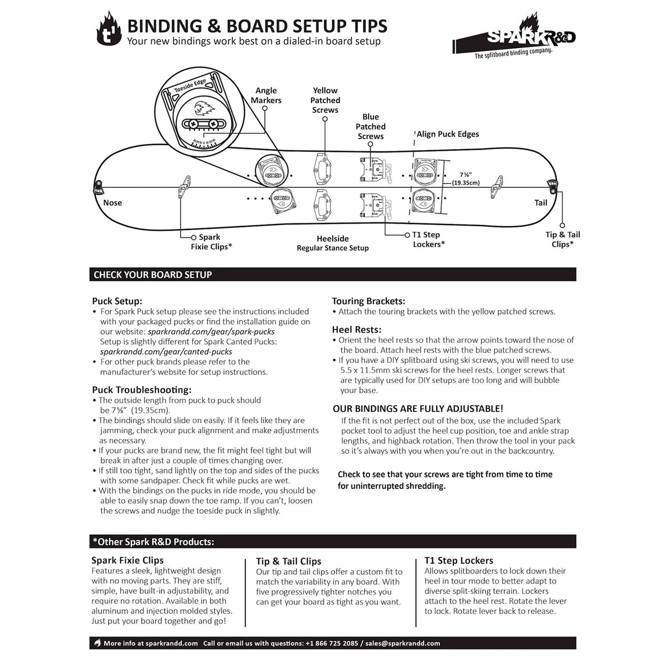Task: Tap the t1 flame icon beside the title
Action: click(x=109, y=32)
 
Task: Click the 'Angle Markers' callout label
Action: click(x=266, y=95)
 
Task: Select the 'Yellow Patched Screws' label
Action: click(x=325, y=100)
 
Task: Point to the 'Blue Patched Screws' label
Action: click(x=371, y=126)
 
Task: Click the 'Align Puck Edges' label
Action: click(x=448, y=134)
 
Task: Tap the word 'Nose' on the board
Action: click(x=112, y=203)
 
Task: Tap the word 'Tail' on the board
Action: click(x=541, y=203)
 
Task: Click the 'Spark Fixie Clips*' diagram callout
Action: click(x=211, y=242)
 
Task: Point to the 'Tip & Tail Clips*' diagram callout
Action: click(x=562, y=239)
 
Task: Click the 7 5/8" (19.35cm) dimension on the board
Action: click(x=465, y=178)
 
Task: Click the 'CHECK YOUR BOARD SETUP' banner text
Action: click(x=152, y=275)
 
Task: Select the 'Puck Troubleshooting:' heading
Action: click(x=142, y=390)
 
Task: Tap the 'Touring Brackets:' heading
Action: click(x=369, y=301)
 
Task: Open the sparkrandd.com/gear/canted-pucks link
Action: click(x=166, y=352)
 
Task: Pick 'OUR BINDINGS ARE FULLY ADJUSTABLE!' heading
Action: click(x=418, y=409)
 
